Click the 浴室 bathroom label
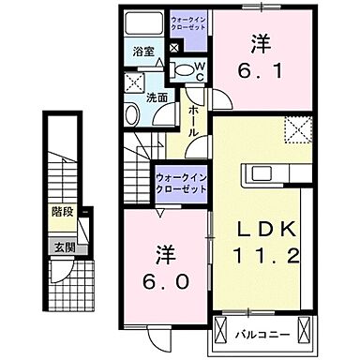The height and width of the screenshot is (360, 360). coord(142,53)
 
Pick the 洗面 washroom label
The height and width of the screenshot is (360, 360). coord(156,97)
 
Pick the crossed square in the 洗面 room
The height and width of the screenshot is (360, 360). coord(133,81)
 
